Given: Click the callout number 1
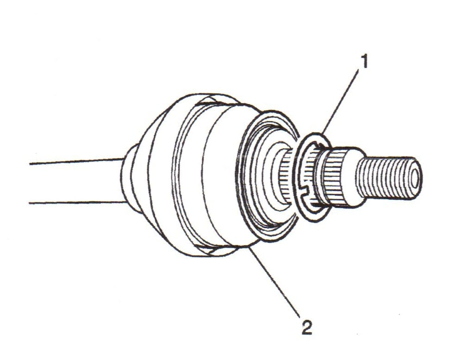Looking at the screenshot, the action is tap(364, 62).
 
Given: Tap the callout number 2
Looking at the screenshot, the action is tap(307, 328).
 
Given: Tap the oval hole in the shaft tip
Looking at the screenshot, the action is tap(416, 178).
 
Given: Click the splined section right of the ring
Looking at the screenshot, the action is tap(330, 178).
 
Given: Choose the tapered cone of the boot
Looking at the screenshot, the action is tap(155, 176).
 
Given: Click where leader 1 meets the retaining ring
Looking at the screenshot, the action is tap(324, 134).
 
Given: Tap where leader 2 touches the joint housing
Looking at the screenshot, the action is tap(249, 248).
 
